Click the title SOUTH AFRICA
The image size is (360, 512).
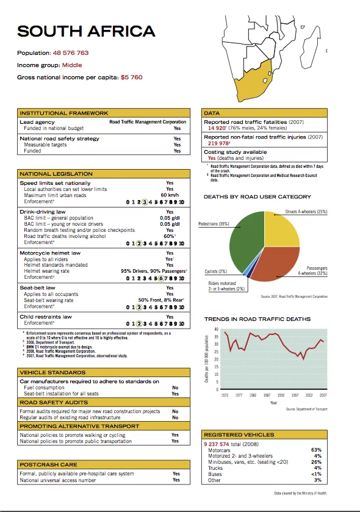pyautogui.click(x=86, y=31)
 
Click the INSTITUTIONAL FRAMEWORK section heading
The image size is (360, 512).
pyautogui.click(x=64, y=113)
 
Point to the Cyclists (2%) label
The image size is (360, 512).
pyautogui.click(x=215, y=272)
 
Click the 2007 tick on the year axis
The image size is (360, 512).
pyautogui.click(x=323, y=395)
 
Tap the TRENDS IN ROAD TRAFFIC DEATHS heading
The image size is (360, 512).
pyautogui.click(x=257, y=319)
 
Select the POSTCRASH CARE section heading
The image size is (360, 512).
pyautogui.click(x=44, y=465)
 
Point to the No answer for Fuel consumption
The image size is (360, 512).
pyautogui.click(x=175, y=388)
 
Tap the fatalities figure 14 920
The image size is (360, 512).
pyautogui.click(x=217, y=128)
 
